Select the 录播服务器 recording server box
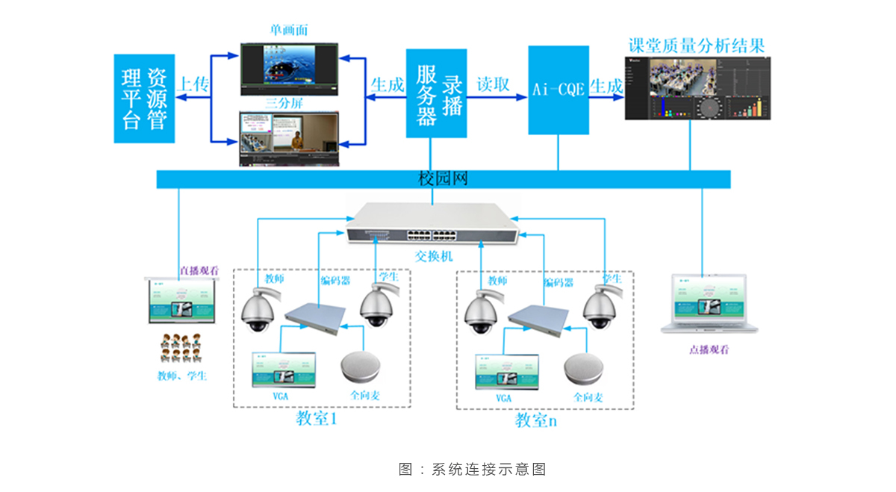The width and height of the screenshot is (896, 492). (x=436, y=93)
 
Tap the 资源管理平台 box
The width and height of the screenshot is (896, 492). (x=144, y=98)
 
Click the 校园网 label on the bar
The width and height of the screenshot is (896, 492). (x=444, y=179)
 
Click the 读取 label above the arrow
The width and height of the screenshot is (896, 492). (x=494, y=84)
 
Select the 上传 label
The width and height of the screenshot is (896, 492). (x=193, y=84)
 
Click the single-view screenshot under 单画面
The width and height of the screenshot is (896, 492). (x=289, y=69)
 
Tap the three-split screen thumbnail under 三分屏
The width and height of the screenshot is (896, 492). (x=289, y=139)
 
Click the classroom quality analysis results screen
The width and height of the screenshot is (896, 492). (x=697, y=89)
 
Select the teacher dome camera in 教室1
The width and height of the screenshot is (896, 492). (x=258, y=311)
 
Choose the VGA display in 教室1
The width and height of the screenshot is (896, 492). (x=284, y=370)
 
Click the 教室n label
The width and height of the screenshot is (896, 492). (x=535, y=420)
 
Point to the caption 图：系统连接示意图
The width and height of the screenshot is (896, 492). (x=472, y=469)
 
